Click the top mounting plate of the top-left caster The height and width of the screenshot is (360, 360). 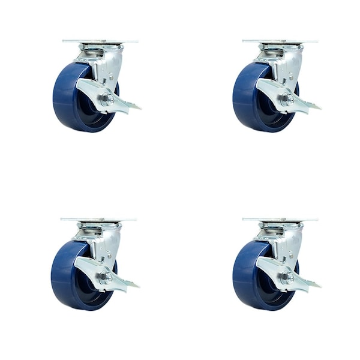[x=100, y=41]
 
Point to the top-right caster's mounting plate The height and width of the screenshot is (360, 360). [x=280, y=41]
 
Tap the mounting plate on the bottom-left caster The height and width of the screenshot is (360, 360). [x=98, y=220]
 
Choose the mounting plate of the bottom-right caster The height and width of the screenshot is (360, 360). [x=280, y=220]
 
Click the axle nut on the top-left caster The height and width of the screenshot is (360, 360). [x=107, y=99]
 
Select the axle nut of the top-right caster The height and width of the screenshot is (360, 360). [x=287, y=99]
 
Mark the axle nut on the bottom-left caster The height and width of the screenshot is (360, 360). [x=106, y=277]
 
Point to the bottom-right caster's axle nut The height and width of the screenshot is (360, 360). [x=287, y=277]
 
